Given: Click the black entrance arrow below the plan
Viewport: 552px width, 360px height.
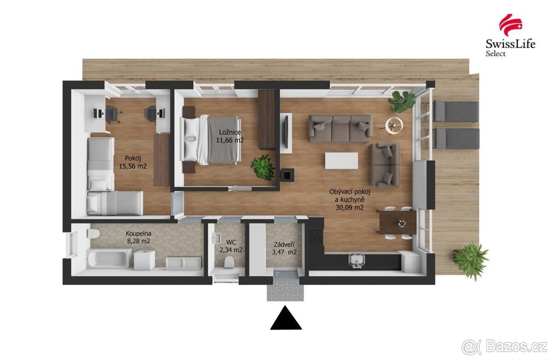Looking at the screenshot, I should pos(286,318).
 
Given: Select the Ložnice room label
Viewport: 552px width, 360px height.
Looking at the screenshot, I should pos(229,132).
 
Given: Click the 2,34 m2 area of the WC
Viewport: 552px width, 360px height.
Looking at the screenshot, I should pos(231,250).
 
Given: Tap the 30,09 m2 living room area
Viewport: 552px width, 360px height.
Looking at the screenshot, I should pos(350,207).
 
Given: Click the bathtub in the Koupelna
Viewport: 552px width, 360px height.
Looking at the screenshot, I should pos(108,258).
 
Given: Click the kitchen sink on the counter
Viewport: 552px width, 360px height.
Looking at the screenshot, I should pos(357,260).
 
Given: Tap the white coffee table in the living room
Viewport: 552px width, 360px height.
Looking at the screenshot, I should pos(341,160).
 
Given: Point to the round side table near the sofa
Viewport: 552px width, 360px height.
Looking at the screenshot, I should pos(394,124).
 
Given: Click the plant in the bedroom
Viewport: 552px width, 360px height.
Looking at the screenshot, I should pos(263,167).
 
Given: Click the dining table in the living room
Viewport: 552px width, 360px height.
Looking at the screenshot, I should pos(396,222).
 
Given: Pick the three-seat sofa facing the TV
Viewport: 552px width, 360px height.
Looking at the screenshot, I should pos(340,128).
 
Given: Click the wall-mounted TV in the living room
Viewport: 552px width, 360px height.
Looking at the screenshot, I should pos(285,131).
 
